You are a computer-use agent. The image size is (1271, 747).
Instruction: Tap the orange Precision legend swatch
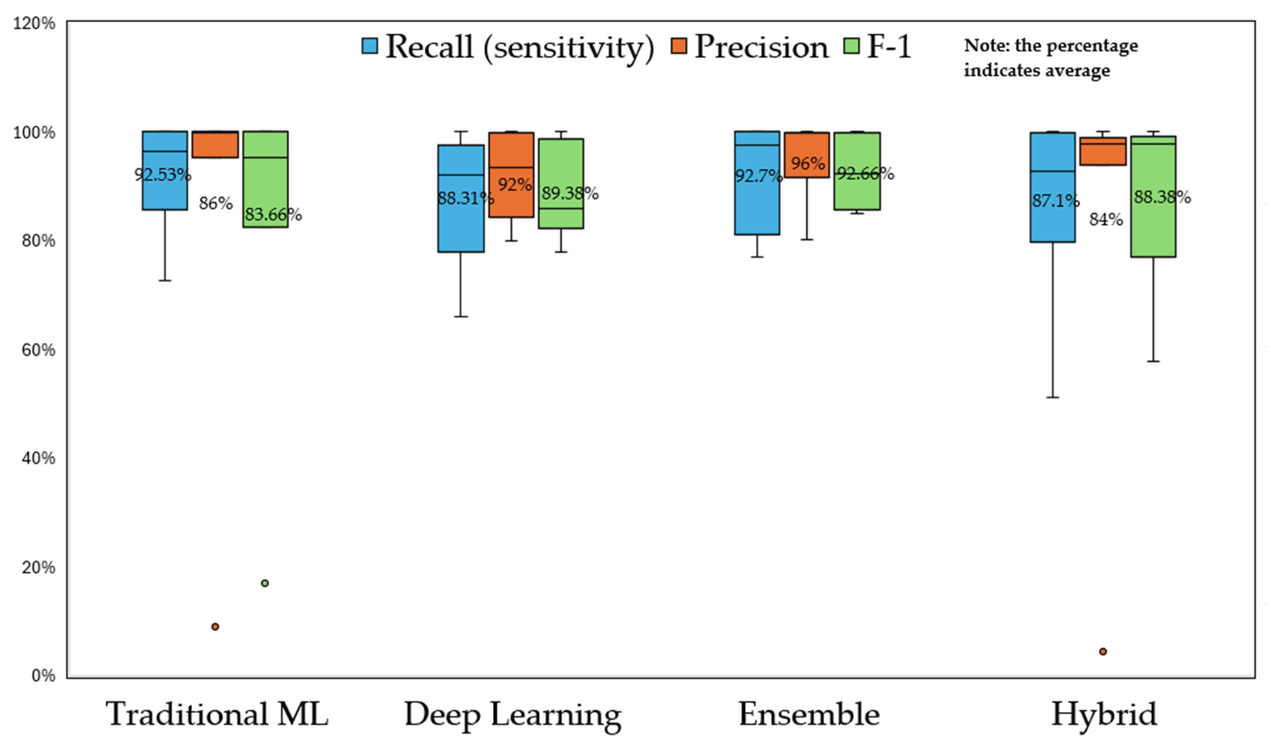(679, 46)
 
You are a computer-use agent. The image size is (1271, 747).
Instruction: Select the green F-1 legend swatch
(851, 46)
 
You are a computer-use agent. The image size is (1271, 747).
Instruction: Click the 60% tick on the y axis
(38, 349)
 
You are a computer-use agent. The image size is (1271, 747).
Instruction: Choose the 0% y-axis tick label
(43, 675)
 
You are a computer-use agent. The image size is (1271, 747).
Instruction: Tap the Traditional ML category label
(217, 714)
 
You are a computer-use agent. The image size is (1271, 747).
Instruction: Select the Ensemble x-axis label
(809, 714)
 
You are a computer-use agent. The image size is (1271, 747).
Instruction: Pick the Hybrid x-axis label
(1104, 714)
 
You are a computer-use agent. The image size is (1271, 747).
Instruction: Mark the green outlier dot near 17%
(265, 583)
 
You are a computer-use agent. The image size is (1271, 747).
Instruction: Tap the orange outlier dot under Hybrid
(1103, 652)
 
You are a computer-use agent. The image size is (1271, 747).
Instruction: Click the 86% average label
(215, 204)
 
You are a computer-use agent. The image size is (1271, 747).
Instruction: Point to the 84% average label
(1106, 220)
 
